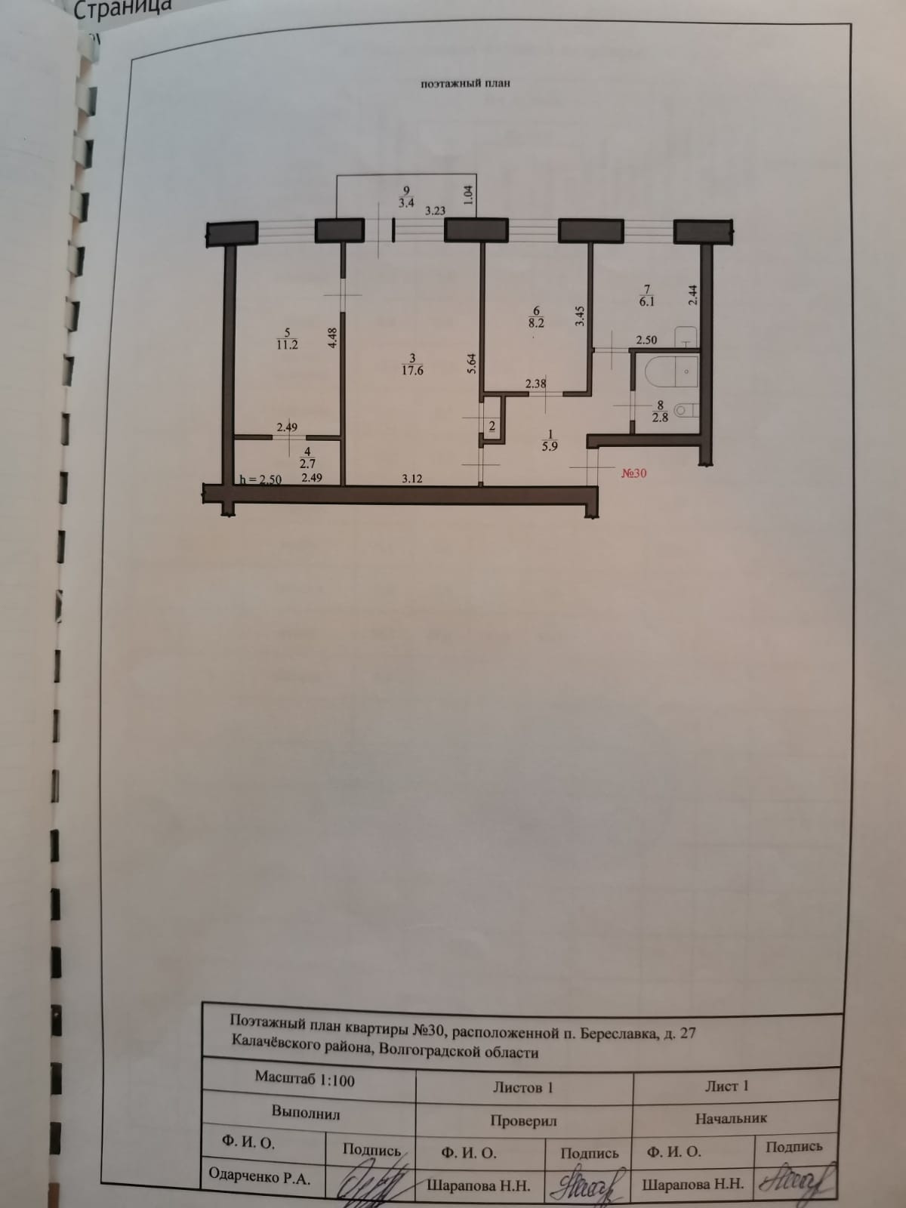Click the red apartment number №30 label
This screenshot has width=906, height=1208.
[x=633, y=474]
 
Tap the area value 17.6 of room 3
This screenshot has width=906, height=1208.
[x=411, y=371]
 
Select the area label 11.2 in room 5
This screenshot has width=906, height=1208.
[x=286, y=345]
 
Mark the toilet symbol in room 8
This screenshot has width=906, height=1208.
[x=683, y=410]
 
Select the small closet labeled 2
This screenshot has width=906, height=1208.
[x=492, y=427]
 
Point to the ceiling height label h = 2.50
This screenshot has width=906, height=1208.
[x=260, y=479]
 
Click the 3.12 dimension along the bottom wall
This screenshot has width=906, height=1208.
[x=411, y=478]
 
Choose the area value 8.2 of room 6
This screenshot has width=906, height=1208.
[x=537, y=322]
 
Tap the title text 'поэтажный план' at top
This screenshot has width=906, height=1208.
[x=465, y=83]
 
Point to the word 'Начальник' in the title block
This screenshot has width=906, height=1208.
[x=731, y=1118]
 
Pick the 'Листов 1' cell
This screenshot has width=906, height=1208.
[x=523, y=1088]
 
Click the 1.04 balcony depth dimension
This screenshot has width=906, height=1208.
[x=469, y=196]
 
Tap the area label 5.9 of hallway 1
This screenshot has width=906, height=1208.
[x=550, y=445]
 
